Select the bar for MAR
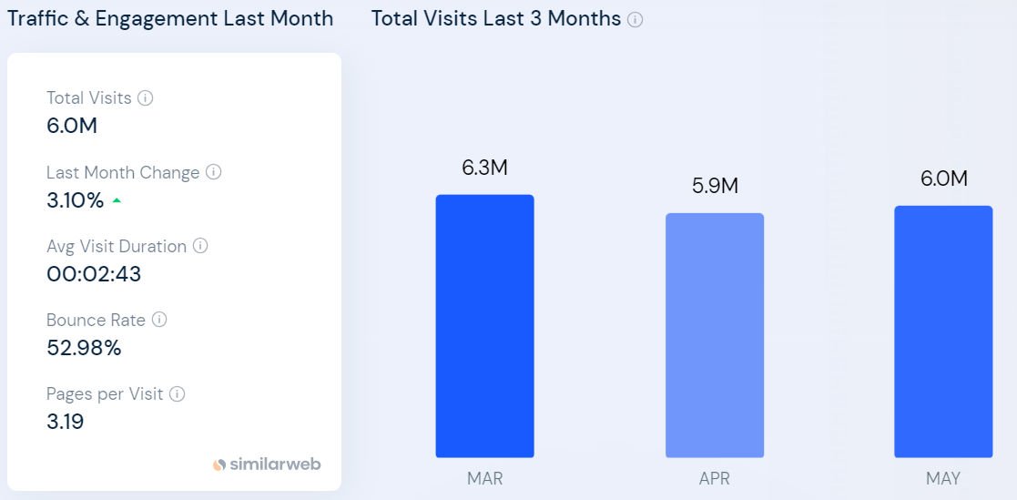coord(484,325)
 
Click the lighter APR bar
coord(715,335)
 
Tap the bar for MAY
coord(943,331)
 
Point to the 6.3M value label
coord(484,168)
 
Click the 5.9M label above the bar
coord(715,186)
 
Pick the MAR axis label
coord(484,478)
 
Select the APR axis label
coord(715,478)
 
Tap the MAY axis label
coord(943,478)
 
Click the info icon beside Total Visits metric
coord(145,97)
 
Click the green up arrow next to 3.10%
coord(117,201)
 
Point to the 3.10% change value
coord(76,200)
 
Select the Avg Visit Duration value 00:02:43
coord(94,274)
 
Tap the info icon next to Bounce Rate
coord(159,320)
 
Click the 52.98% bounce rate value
coord(84,348)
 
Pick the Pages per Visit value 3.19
coord(66,422)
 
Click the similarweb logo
coord(267,464)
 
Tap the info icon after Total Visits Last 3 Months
coord(635,19)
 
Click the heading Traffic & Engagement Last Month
coord(170,18)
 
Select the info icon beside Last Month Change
coord(213,172)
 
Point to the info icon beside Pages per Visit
coord(178,393)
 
